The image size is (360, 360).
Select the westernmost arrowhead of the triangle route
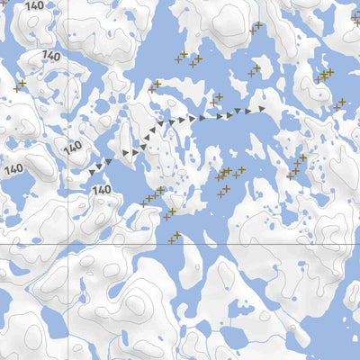tap(92, 170)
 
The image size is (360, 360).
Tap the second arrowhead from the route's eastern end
tap(248, 112)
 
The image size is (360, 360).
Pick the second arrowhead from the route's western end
tap(99, 166)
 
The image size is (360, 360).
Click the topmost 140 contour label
tap(33, 5)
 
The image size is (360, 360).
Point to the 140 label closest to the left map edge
tap(13, 168)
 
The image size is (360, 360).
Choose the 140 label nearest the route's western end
tap(102, 190)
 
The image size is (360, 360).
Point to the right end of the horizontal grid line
tap(359, 243)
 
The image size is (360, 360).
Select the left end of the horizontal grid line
tap(0, 243)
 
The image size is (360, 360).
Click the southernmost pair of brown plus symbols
tap(175, 238)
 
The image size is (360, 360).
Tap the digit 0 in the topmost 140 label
tap(41, 6)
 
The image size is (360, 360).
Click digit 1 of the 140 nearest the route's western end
tap(94, 190)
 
